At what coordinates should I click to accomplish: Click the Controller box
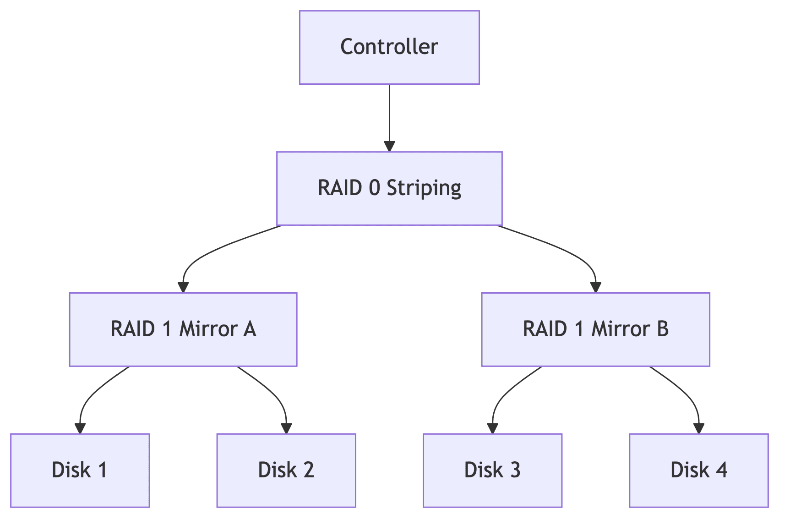tap(389, 48)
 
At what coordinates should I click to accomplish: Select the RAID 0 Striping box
tap(389, 189)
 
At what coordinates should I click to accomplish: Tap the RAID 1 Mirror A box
tap(183, 329)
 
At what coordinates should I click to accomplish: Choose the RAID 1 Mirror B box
tap(595, 329)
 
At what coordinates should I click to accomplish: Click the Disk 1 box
tap(80, 470)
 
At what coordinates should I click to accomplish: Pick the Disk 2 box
tap(286, 470)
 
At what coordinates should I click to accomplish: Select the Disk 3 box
tap(492, 470)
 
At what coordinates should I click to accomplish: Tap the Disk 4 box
tap(698, 470)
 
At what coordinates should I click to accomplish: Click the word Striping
tap(424, 189)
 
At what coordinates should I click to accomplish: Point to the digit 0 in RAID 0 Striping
tap(374, 188)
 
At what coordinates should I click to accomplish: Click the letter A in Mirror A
tap(250, 329)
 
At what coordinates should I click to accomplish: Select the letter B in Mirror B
tap(662, 329)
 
